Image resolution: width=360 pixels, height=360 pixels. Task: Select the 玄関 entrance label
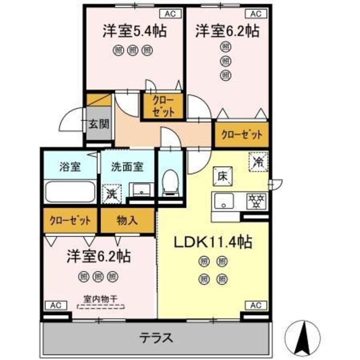click(99, 124)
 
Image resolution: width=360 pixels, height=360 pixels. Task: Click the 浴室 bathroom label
click(70, 166)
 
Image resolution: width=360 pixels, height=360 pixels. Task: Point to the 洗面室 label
click(127, 166)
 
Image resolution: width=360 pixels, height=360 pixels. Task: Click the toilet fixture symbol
click(171, 183)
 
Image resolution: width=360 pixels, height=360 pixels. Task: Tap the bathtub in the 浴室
click(70, 191)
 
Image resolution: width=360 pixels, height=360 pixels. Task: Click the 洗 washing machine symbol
click(112, 194)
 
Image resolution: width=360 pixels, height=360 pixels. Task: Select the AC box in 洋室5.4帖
click(170, 14)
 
